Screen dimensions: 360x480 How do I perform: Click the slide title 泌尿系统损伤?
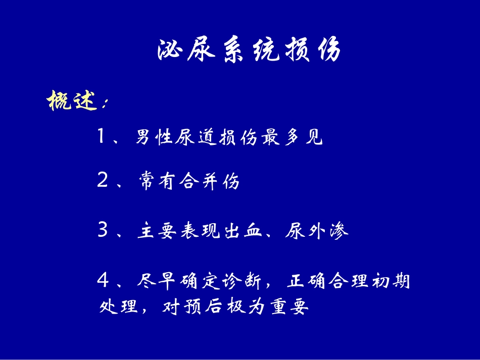point(249,51)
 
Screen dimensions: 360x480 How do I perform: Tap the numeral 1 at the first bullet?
point(102,137)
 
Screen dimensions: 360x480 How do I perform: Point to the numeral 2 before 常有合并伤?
point(102,182)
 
